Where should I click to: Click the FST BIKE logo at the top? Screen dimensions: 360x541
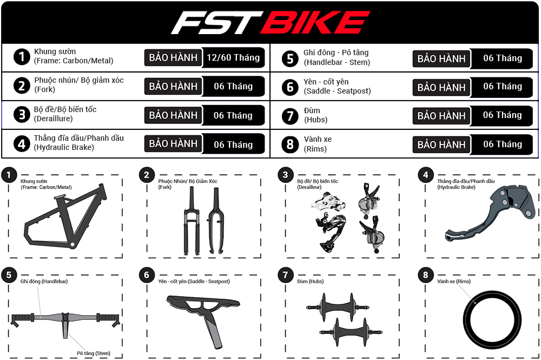270,23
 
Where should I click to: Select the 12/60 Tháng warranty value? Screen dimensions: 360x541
234,57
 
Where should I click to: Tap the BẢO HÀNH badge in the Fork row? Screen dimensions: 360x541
173,86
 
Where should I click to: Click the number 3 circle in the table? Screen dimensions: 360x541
22,115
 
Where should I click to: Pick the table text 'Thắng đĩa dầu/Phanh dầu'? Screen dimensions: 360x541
79,138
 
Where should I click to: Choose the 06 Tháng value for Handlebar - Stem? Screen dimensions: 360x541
502,58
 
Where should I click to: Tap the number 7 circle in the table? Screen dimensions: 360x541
290,115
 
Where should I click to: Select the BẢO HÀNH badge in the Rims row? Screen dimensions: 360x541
441,145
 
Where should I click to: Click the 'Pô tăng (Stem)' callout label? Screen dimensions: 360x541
93,353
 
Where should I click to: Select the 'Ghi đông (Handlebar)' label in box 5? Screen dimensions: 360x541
44,282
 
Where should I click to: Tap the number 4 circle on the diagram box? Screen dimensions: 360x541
426,174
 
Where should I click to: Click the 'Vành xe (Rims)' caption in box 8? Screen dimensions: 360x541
454,282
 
